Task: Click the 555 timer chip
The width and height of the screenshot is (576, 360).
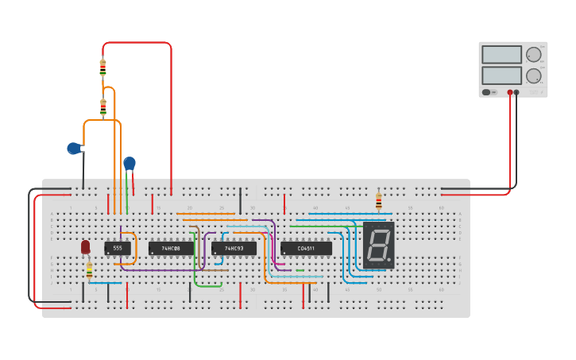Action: [118, 248]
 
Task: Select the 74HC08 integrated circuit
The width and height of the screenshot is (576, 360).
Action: [171, 248]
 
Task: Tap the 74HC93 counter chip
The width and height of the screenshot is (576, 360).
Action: [234, 248]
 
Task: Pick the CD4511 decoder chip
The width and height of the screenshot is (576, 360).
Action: [306, 248]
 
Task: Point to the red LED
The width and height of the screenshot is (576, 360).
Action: [86, 247]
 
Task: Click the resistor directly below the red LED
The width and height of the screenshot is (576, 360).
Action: [89, 270]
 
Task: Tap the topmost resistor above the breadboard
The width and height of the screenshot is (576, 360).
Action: [102, 68]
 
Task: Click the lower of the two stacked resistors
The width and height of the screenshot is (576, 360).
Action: [102, 106]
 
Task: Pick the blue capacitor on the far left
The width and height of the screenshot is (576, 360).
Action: [74, 148]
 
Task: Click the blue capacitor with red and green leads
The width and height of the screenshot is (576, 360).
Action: [129, 164]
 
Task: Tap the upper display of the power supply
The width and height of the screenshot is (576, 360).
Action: [501, 55]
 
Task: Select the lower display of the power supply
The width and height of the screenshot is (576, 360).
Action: [501, 75]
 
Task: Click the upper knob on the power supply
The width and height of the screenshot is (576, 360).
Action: [533, 55]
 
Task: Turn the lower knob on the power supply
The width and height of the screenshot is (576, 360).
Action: [533, 75]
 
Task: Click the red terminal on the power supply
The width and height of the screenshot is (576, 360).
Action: [509, 92]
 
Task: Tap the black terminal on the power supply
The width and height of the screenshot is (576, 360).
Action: [516, 92]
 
